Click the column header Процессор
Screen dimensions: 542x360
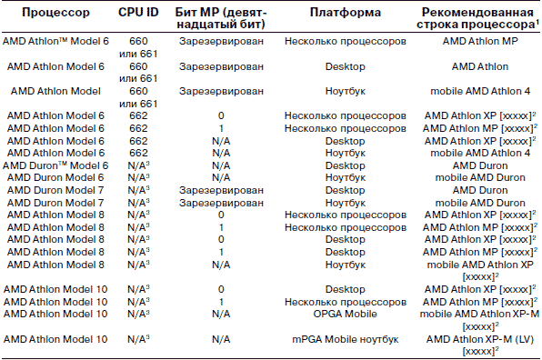(x=55, y=13)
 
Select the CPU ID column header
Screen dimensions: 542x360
(x=138, y=13)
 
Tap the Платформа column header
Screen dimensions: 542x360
(x=345, y=13)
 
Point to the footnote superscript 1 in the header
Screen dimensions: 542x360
(x=537, y=22)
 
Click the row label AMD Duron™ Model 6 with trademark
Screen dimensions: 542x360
(x=55, y=165)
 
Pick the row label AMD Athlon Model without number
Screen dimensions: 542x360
(x=55, y=91)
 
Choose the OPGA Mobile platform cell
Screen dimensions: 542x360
(x=345, y=314)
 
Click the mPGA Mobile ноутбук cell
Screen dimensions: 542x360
(x=345, y=339)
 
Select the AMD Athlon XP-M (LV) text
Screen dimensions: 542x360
(x=480, y=339)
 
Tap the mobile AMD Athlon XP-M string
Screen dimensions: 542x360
(x=479, y=314)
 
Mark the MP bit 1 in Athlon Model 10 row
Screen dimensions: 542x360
(x=221, y=302)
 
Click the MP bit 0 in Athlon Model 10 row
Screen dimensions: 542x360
(x=221, y=289)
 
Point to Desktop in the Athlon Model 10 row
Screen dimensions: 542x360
(x=345, y=289)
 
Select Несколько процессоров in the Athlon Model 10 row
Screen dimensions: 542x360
(x=345, y=302)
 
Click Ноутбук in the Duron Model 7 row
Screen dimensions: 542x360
(x=345, y=203)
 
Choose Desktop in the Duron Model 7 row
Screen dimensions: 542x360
(x=345, y=190)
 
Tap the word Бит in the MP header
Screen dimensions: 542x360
(x=186, y=13)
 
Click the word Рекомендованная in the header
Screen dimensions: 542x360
(x=477, y=13)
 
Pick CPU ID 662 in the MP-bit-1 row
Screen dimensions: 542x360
(x=138, y=128)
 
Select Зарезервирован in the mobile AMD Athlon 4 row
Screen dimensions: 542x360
(x=221, y=91)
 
